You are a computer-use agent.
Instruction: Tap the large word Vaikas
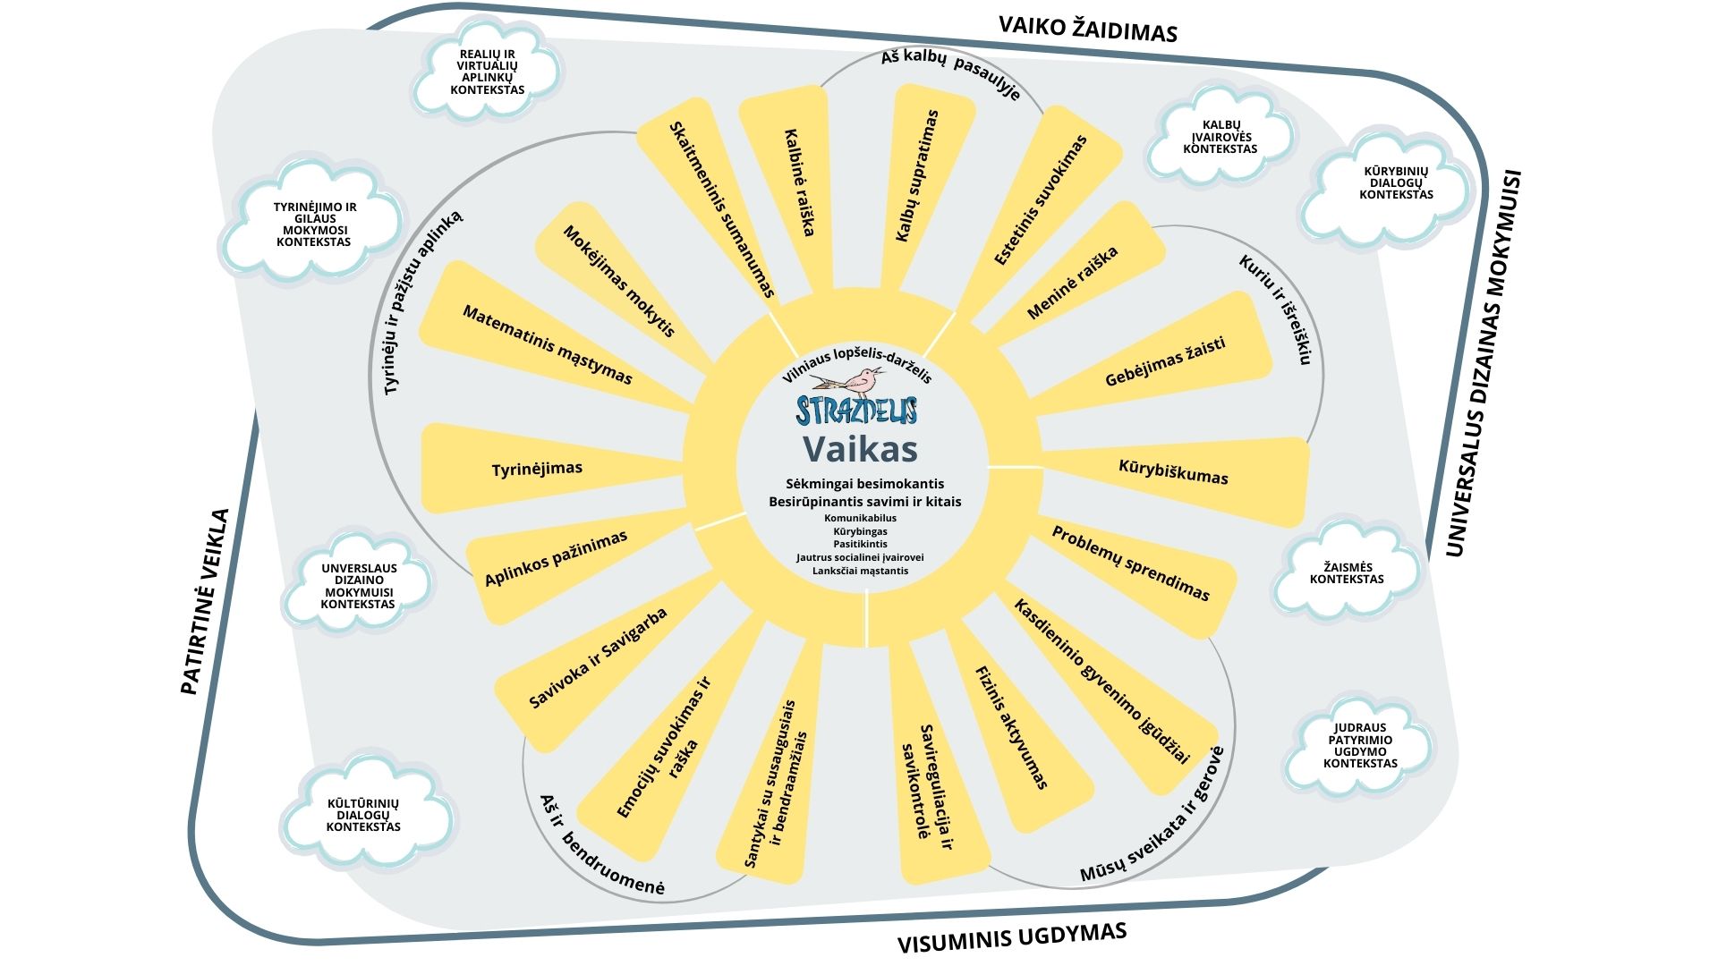(859, 448)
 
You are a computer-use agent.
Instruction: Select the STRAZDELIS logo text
(856, 411)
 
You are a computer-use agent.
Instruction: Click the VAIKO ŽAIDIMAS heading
(1087, 29)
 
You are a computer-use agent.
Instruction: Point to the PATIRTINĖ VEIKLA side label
(205, 602)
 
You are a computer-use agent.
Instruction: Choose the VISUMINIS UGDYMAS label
(1011, 938)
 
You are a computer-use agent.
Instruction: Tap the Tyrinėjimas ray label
(537, 469)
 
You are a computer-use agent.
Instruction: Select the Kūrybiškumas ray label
(1173, 472)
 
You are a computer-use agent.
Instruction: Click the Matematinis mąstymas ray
(548, 344)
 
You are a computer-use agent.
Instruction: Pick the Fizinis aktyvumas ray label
(1011, 727)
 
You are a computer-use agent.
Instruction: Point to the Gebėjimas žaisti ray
(1164, 361)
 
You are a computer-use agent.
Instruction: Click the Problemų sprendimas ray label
(1130, 563)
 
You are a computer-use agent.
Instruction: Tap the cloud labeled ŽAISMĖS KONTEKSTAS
(1347, 573)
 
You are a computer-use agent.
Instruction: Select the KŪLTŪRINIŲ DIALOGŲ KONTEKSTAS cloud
(363, 815)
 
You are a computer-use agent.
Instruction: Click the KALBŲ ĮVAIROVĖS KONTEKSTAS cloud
(1220, 137)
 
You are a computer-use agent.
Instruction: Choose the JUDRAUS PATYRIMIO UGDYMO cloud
(1360, 745)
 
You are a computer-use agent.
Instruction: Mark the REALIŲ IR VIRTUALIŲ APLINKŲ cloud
(488, 72)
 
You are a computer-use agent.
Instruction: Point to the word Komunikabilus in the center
(860, 518)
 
